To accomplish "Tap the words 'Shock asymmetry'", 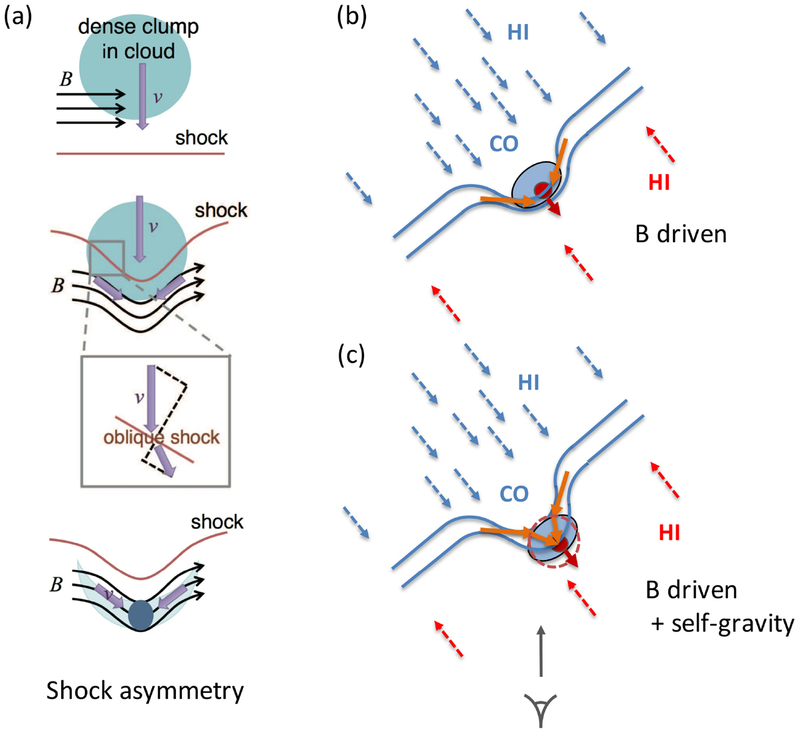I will coord(145,691).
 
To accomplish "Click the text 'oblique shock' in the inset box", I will coord(161,437).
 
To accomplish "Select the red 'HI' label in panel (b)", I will coord(659,183).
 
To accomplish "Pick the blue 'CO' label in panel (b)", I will coord(503,143).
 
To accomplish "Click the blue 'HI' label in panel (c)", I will coord(529,383).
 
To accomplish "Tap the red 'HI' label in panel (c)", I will coord(669,533).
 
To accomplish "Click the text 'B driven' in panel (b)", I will coord(681,234).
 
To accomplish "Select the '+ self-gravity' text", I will coord(723,624).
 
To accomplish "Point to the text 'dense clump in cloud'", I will coord(138,38).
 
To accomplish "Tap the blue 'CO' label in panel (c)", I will coord(513,494).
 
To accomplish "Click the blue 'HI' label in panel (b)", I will coord(518,33).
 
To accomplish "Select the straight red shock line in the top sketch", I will coord(140,154).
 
